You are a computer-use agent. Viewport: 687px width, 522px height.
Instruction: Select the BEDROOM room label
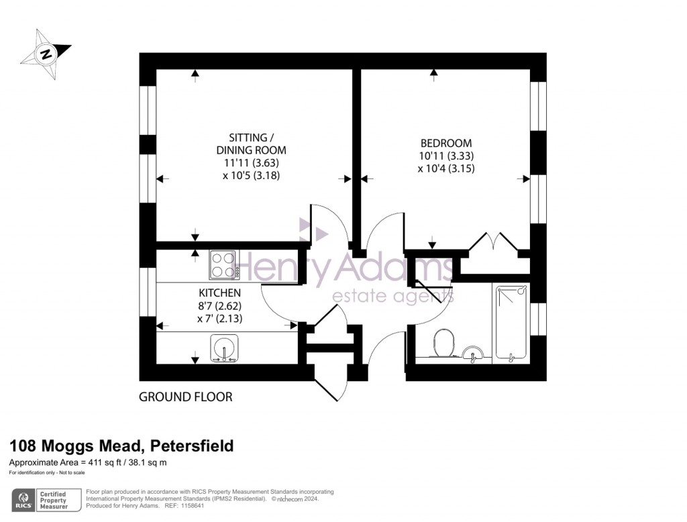pos(445,143)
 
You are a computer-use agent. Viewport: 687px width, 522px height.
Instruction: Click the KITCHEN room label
pos(219,293)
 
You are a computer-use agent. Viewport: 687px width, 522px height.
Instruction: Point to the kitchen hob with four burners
pos(222,264)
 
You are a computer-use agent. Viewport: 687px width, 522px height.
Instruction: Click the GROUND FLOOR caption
pos(185,397)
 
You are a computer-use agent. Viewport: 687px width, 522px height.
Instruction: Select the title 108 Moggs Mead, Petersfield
pos(121,446)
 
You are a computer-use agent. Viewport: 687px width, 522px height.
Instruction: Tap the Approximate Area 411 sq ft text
pos(87,463)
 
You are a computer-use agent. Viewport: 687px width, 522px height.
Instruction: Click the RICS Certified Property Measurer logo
pos(44,499)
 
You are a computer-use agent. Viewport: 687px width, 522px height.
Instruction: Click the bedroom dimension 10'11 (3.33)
pos(445,156)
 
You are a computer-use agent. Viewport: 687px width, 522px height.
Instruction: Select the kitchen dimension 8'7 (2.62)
pos(219,306)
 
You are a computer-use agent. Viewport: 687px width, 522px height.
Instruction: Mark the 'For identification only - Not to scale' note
pos(50,474)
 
